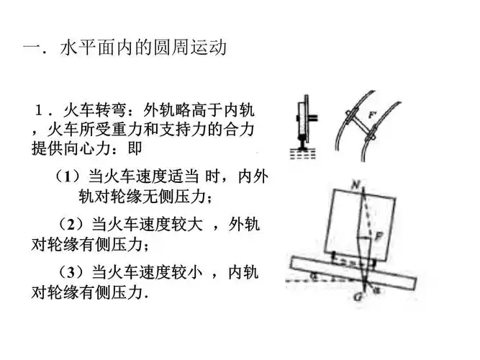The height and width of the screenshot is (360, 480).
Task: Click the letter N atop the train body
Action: [x=355, y=184]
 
